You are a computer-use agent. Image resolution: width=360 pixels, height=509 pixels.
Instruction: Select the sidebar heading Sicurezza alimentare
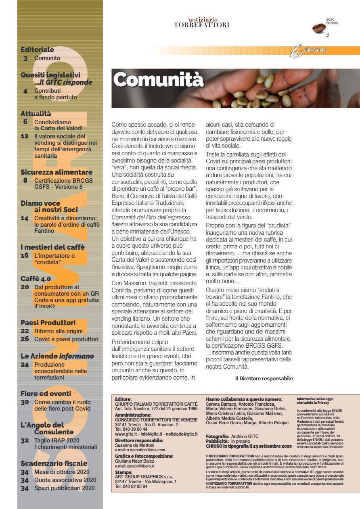coord(57,172)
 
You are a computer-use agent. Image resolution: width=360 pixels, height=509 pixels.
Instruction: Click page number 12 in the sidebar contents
coord(25,136)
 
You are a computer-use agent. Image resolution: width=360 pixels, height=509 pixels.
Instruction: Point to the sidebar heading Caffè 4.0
coord(36,278)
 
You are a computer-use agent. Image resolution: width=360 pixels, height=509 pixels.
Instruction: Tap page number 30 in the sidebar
coord(25,402)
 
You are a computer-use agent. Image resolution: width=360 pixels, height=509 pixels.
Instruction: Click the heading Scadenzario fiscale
coord(54,463)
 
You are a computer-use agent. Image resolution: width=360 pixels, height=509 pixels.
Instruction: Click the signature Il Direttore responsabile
coord(264,379)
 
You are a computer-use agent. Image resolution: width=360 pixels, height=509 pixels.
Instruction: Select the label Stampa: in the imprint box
coord(123,471)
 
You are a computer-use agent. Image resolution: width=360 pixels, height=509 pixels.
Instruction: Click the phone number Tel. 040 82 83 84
coord(131,486)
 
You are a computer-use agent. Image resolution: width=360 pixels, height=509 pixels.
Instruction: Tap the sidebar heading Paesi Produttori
coord(48,322)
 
